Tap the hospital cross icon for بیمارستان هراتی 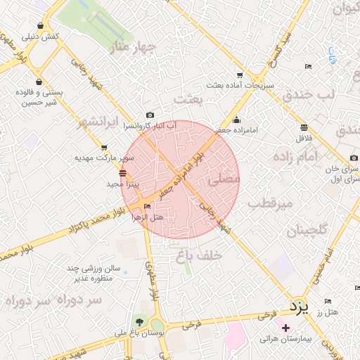285,328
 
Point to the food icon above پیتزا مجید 123,173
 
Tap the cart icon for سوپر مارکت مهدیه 104,148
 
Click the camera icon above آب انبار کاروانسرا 149,115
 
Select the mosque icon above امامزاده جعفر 236,119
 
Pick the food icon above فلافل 304,127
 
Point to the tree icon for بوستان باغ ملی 141,323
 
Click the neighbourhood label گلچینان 307,230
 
